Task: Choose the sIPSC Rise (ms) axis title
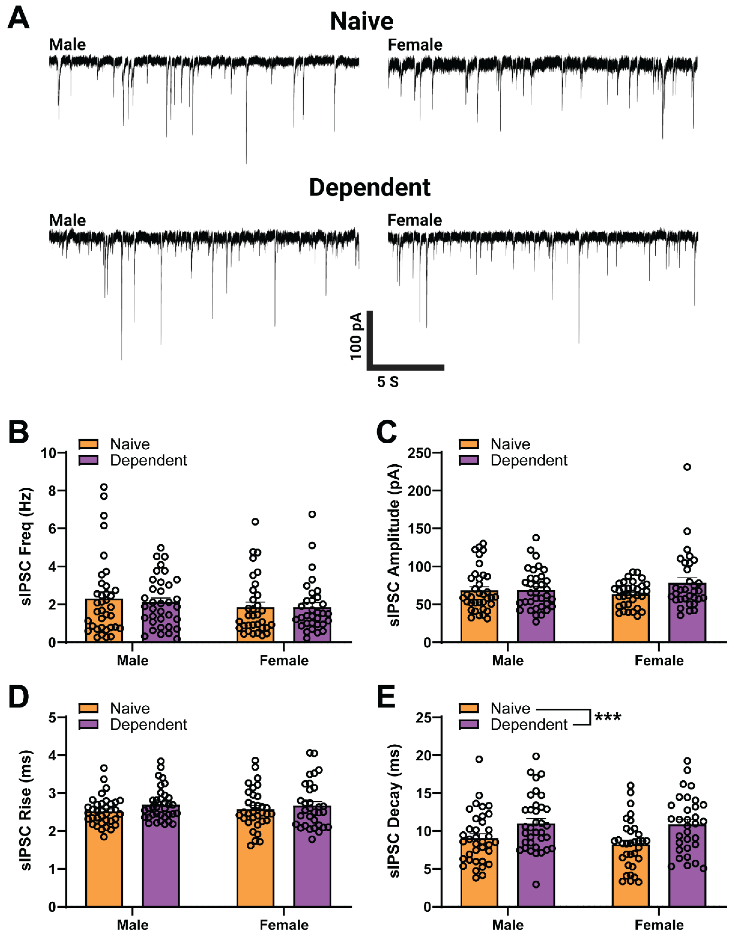tap(27, 810)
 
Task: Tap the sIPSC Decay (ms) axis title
tap(394, 810)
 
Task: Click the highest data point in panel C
tap(687, 467)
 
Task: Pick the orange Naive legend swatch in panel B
tap(89, 444)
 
